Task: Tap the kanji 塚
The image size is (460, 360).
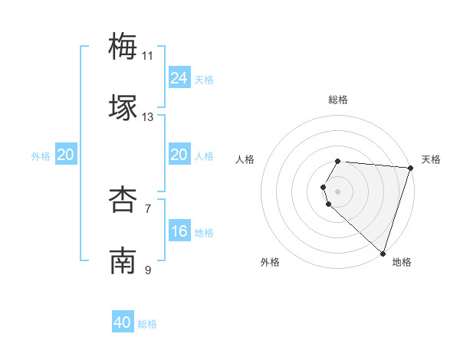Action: click(123, 107)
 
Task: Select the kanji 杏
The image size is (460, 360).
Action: click(123, 200)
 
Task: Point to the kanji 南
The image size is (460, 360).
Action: click(123, 261)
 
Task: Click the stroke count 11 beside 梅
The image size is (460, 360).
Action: click(148, 55)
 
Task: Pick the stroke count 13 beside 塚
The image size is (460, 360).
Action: click(148, 117)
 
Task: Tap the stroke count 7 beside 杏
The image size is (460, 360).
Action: click(148, 209)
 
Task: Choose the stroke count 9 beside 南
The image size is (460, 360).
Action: click(148, 270)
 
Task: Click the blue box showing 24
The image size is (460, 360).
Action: click(179, 78)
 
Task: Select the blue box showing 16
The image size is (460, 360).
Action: click(179, 231)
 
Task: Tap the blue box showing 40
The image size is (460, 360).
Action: click(123, 322)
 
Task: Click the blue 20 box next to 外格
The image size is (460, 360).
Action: click(65, 155)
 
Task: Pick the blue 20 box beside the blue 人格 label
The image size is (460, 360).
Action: click(179, 155)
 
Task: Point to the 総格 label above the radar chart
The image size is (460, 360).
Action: click(337, 100)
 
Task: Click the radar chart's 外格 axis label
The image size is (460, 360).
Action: click(270, 262)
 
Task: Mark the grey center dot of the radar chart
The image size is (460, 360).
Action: click(337, 190)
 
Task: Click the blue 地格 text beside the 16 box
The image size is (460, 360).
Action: click(204, 233)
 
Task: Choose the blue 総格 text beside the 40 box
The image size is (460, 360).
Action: click(147, 324)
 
